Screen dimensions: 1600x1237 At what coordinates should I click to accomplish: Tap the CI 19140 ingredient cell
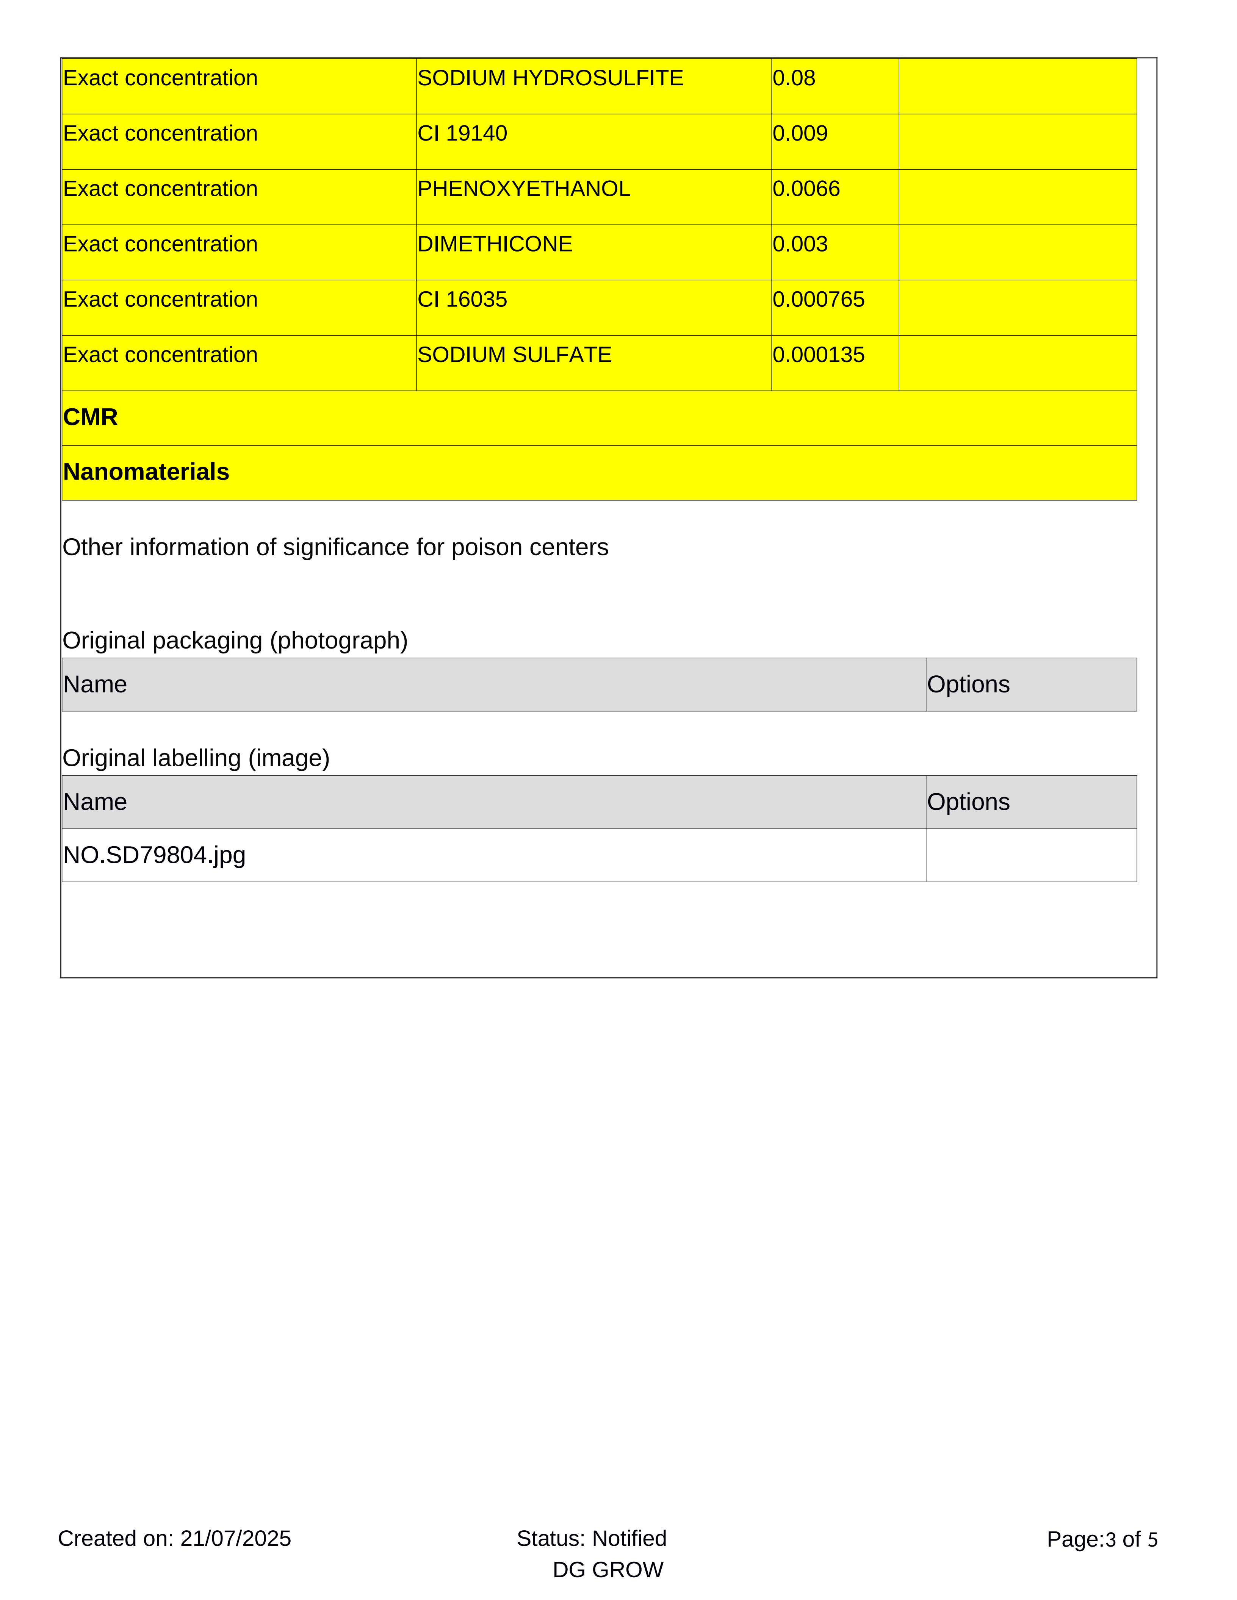[462, 133]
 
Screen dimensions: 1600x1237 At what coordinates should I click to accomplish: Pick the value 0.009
[800, 133]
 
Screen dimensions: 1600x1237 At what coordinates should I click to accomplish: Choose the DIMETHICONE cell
[495, 244]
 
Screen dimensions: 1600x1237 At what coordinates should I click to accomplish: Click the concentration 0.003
[800, 244]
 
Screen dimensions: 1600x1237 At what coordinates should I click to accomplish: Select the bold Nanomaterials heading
[146, 472]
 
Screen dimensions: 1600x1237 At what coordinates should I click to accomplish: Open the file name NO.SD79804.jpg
[154, 855]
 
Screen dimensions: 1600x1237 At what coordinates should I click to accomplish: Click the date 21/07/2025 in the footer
[235, 1538]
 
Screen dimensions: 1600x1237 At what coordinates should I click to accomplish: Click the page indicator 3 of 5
[1132, 1539]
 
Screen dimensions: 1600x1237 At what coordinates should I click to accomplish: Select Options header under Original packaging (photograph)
[968, 684]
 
